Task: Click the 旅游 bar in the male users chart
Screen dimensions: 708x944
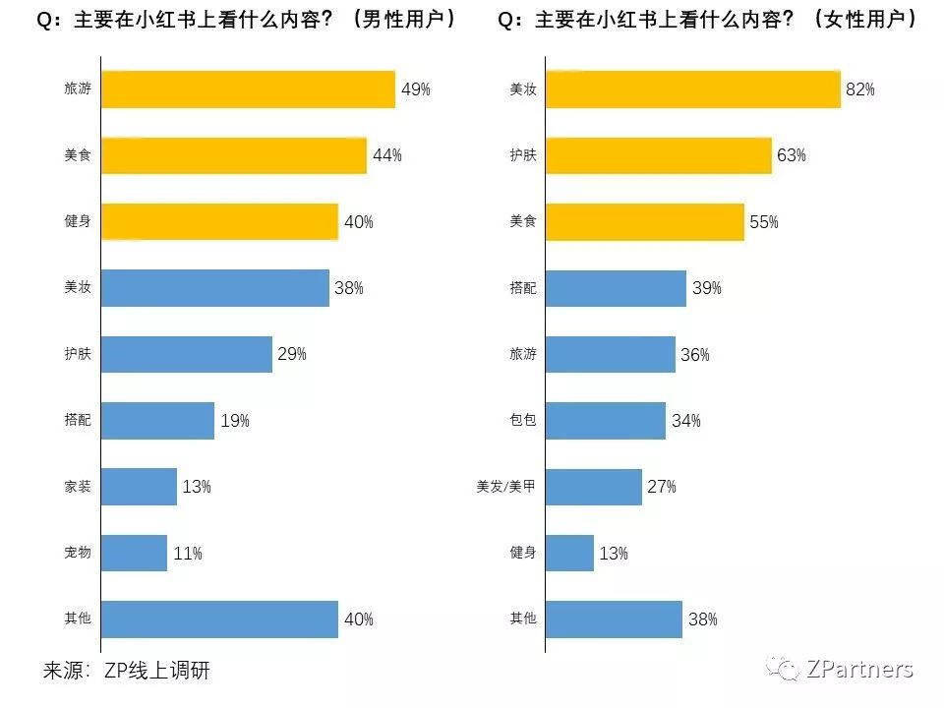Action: tap(248, 89)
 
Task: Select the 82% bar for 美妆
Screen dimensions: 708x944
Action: tap(693, 89)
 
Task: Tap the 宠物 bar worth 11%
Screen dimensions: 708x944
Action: tap(134, 553)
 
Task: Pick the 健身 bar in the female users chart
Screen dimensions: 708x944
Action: tap(569, 553)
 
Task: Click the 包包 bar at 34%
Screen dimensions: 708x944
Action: tap(606, 421)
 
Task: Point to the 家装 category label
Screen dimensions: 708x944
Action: tap(77, 487)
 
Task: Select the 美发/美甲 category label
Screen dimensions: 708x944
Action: tap(505, 487)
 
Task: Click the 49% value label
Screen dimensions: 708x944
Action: tap(416, 89)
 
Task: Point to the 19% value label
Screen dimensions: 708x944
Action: tap(235, 421)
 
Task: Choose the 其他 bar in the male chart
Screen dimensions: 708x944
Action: tap(219, 619)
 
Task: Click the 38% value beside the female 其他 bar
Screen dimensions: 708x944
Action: tap(702, 619)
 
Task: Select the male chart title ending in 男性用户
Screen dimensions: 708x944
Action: tap(246, 20)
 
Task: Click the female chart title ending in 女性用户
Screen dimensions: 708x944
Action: tap(708, 20)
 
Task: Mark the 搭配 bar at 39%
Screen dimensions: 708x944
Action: tap(616, 288)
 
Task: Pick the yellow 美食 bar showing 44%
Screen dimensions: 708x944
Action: tap(234, 155)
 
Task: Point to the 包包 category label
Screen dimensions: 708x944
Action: tap(523, 421)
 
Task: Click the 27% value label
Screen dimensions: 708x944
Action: tap(661, 487)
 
